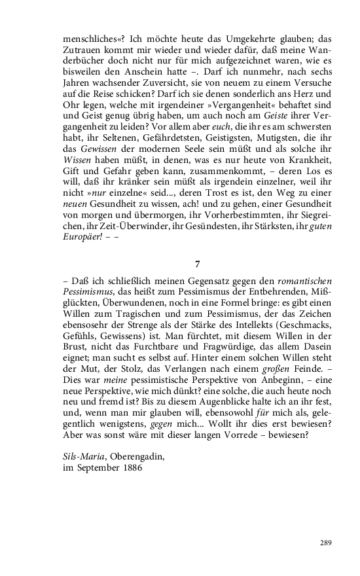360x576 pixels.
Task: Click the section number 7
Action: pos(197,264)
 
